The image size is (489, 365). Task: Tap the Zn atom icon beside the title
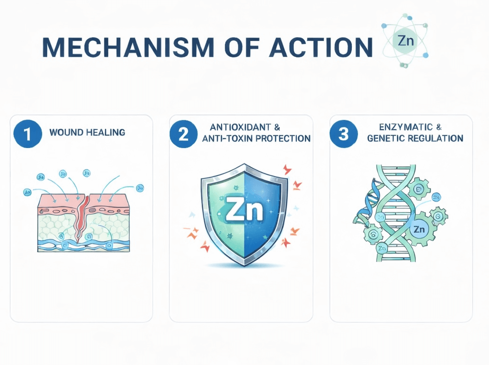(x=404, y=41)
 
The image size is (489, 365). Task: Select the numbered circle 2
(x=184, y=134)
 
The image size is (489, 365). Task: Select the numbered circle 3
(x=344, y=134)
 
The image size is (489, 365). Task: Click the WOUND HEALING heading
(x=87, y=133)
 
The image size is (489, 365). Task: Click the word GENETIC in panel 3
(x=384, y=138)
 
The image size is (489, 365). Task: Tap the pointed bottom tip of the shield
(x=244, y=264)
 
